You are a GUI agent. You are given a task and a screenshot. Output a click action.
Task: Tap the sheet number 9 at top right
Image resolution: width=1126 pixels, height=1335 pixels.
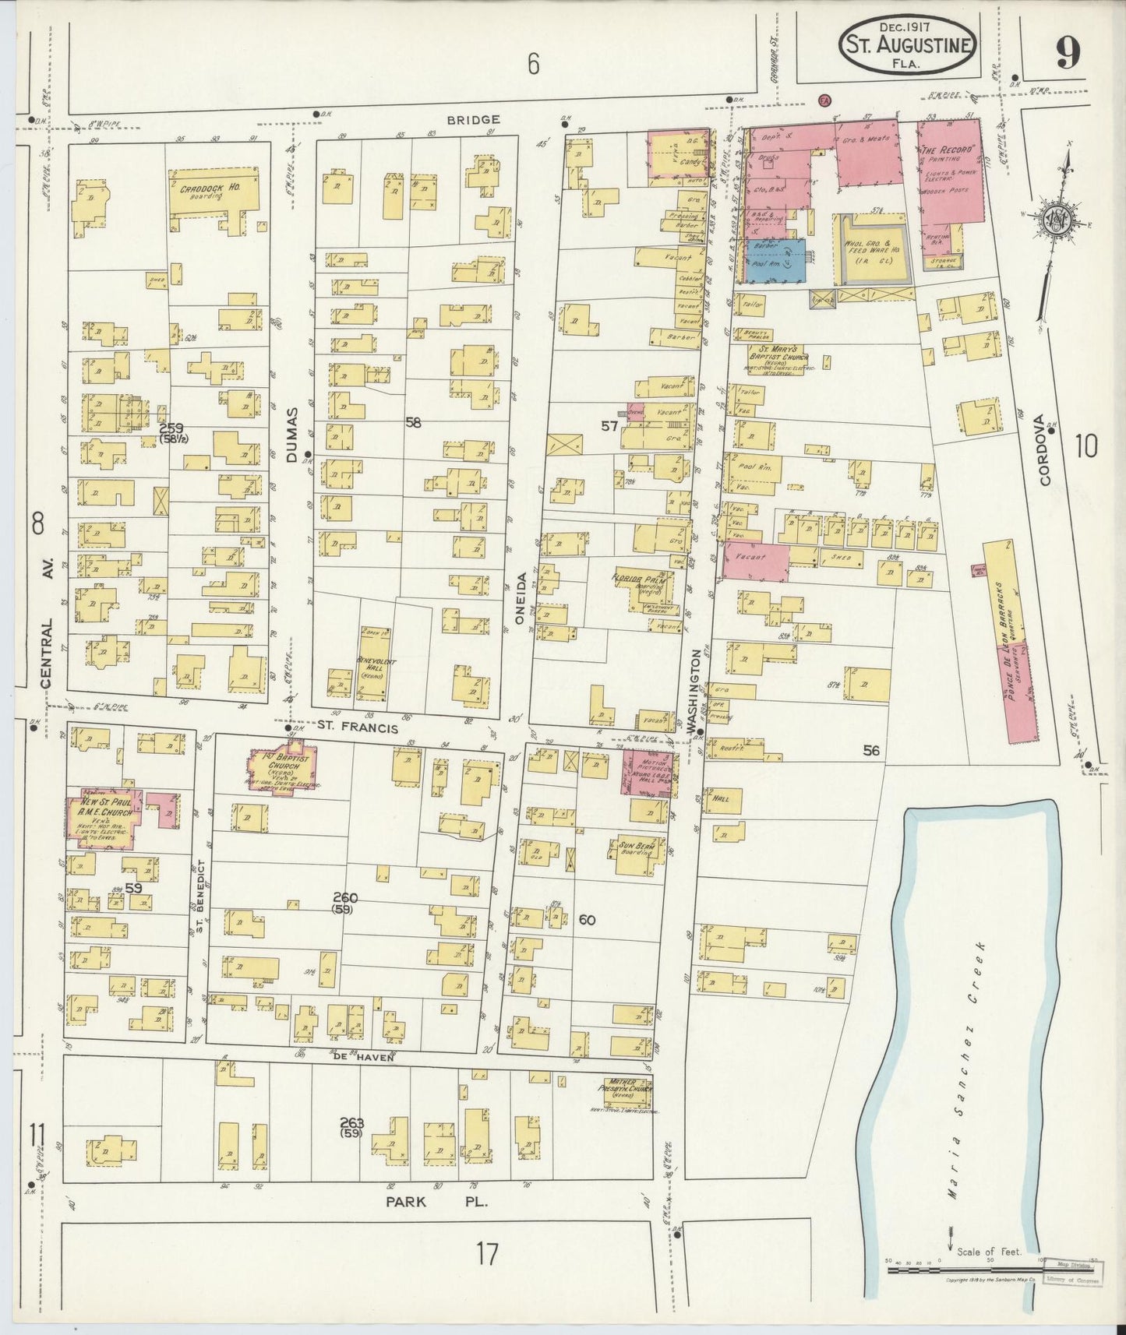pos(1067,53)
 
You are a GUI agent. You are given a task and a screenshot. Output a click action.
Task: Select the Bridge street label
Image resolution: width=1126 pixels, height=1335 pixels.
pos(474,119)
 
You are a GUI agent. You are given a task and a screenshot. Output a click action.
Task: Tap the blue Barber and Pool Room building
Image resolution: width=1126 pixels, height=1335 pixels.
pos(775,260)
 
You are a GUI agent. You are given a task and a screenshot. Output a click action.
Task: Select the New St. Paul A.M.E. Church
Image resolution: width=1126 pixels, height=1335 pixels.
pos(104,819)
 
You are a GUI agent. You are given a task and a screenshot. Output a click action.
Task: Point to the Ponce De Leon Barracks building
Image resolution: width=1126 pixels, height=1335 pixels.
pos(1011,641)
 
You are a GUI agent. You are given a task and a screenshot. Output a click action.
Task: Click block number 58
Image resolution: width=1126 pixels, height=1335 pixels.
pos(413,422)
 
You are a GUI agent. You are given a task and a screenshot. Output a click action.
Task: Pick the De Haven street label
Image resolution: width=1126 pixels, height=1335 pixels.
pos(361,1057)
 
